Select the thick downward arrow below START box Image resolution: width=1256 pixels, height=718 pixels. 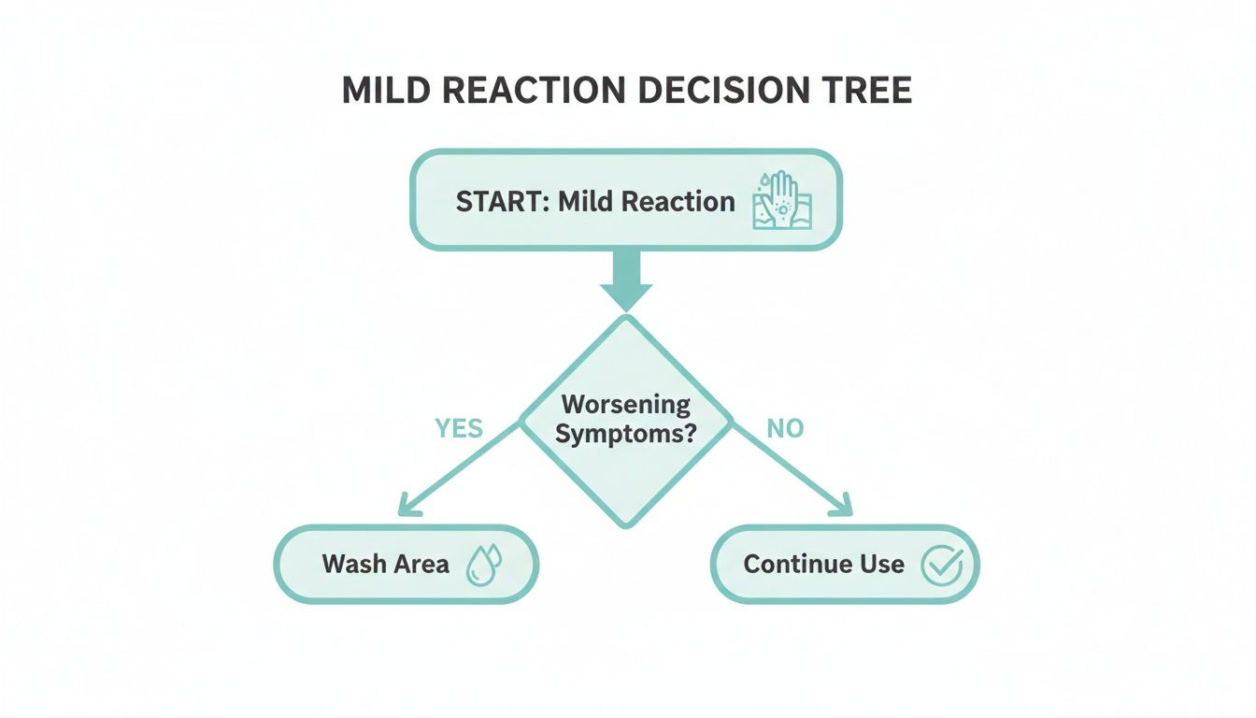click(x=626, y=280)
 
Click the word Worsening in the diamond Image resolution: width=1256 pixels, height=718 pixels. click(x=626, y=405)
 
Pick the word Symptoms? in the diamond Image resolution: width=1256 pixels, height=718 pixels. click(x=626, y=434)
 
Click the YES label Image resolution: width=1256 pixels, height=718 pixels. click(x=459, y=428)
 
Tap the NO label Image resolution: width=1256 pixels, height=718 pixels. click(x=785, y=428)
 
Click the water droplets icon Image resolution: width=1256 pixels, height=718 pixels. click(x=483, y=565)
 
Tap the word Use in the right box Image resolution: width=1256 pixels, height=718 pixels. click(x=883, y=565)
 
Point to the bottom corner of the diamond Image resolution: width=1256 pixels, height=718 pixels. click(x=626, y=525)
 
